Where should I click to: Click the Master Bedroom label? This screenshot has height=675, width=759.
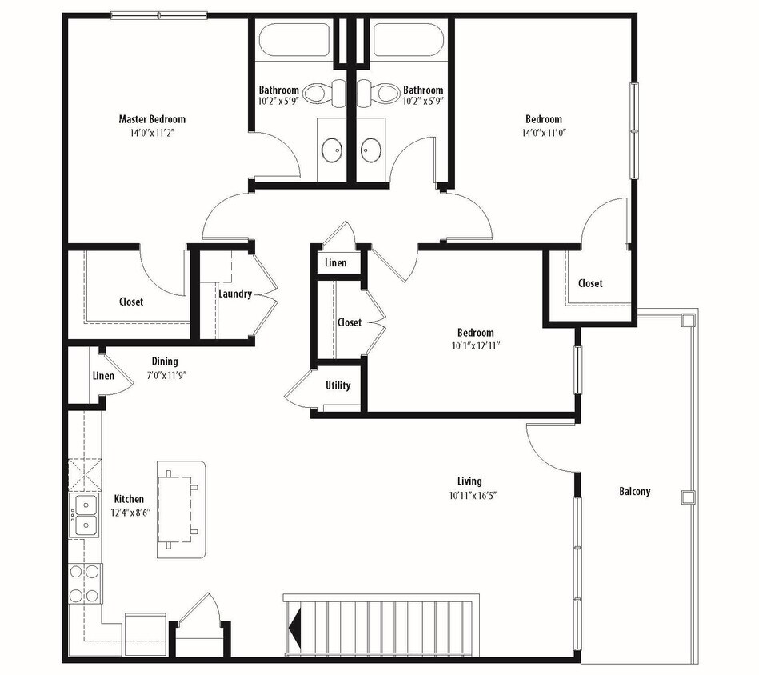tap(151, 119)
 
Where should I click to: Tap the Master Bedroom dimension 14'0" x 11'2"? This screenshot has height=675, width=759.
tap(151, 133)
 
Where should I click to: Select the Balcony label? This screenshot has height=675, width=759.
tap(634, 492)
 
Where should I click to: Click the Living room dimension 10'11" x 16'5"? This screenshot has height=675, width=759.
tap(469, 495)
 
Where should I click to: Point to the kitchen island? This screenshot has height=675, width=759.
tap(181, 509)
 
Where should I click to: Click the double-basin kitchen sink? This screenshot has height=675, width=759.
tap(83, 515)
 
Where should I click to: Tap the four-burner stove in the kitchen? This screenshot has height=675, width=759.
tap(84, 583)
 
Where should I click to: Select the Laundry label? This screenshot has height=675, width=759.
tap(235, 294)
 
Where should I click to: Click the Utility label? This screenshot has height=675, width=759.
tap(338, 385)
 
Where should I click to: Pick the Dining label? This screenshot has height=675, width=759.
tap(165, 361)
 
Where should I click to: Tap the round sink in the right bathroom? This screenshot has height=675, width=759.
tap(370, 149)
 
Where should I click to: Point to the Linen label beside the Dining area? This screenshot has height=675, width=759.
tap(103, 376)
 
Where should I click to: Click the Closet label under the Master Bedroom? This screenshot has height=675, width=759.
tap(131, 302)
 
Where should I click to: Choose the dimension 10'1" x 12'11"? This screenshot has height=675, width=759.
tap(475, 346)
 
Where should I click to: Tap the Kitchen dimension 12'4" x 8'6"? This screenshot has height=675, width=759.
tap(128, 513)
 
